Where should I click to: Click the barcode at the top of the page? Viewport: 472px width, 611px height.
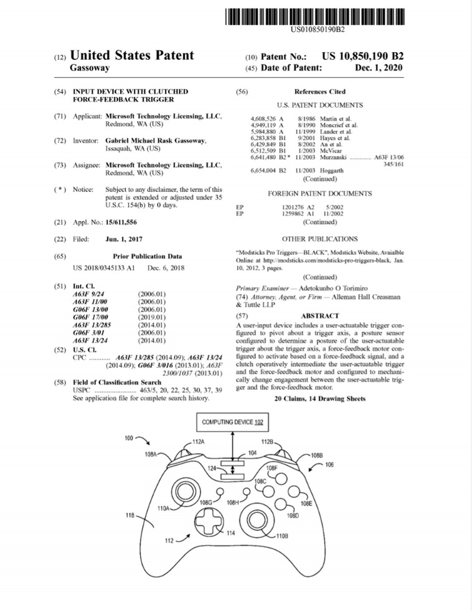315,16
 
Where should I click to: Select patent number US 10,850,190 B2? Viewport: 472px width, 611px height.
362,56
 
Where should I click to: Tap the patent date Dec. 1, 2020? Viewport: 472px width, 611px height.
378,68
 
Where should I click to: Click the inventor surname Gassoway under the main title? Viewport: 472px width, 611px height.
90,68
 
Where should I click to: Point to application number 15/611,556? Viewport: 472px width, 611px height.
121,223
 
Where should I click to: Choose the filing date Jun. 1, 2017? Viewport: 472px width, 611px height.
124,239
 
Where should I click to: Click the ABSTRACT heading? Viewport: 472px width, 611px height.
319,316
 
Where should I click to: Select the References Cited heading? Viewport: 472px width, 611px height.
320,92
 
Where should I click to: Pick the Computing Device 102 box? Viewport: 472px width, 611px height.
232,422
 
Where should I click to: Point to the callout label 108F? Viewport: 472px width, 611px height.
272,468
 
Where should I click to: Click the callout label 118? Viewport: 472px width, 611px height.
130,515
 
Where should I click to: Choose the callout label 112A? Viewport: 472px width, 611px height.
198,442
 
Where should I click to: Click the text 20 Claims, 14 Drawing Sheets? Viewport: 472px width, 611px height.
320,399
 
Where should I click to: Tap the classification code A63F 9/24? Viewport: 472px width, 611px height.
88,294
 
